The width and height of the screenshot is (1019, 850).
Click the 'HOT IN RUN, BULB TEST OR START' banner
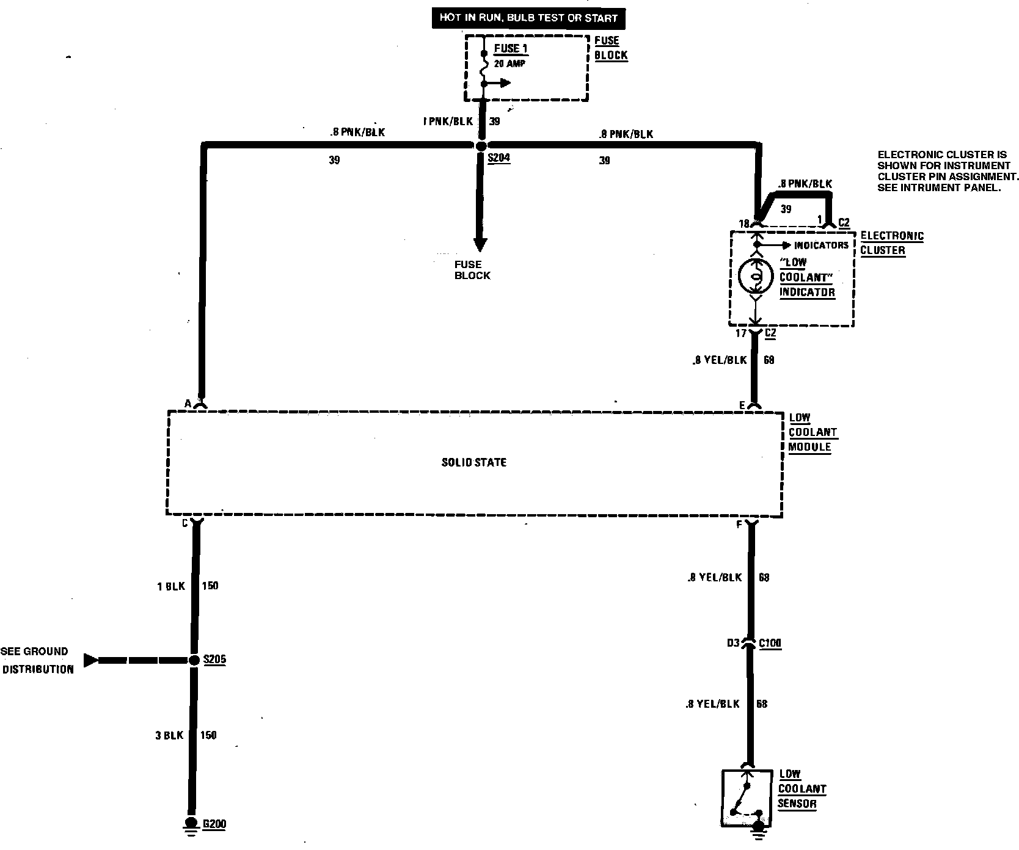[x=528, y=18]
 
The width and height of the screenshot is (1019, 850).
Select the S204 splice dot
[x=481, y=146]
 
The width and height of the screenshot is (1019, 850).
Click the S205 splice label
[x=214, y=659]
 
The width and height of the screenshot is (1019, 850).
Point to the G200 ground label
[x=214, y=824]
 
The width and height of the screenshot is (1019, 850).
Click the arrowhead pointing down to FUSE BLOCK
[x=481, y=244]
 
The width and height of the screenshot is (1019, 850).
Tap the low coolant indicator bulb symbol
[x=756, y=278]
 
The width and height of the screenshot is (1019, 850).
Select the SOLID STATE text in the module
[x=474, y=463]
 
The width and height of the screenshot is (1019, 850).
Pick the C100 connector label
[x=770, y=643]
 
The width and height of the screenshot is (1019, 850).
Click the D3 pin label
[x=733, y=643]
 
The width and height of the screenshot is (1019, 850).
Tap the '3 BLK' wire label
[x=169, y=736]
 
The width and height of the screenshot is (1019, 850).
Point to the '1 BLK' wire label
[x=170, y=586]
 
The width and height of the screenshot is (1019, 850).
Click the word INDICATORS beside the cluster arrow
[x=821, y=245]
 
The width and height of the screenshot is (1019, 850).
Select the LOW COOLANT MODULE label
[x=812, y=432]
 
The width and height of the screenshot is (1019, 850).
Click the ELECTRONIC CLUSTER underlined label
[x=891, y=243]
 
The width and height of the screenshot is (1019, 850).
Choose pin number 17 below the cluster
[x=740, y=333]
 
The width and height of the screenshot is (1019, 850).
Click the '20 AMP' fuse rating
[x=509, y=64]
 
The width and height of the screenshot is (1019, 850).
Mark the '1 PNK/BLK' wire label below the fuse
[x=448, y=122]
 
